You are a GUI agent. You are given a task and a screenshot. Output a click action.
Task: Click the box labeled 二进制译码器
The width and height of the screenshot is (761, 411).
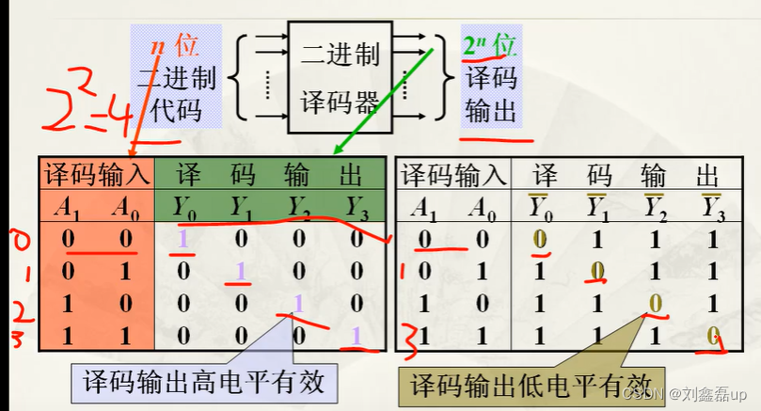[x=341, y=74]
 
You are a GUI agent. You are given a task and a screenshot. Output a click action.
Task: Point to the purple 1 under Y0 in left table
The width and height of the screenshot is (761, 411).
[x=184, y=240]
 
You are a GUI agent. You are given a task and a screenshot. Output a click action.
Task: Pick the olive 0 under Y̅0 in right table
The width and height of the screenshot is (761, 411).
[x=540, y=240]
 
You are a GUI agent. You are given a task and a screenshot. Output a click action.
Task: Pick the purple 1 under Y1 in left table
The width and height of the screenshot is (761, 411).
[x=241, y=272]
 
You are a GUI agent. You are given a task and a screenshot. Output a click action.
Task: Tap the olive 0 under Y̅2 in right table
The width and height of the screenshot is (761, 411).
[x=653, y=304]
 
